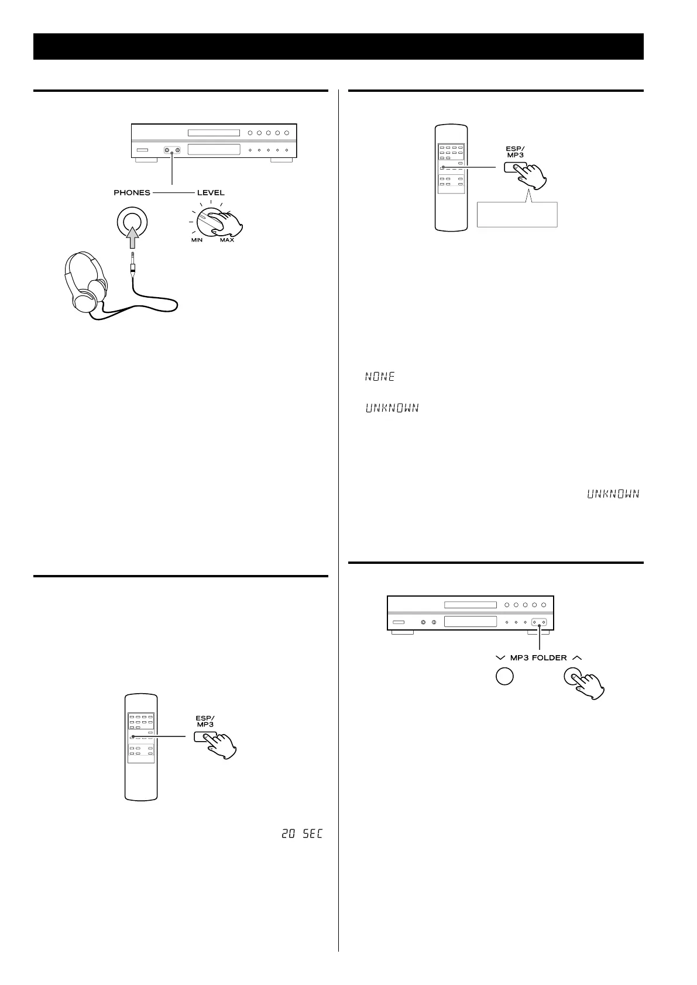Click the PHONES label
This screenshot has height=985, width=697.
(132, 192)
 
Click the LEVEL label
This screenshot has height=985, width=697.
(211, 192)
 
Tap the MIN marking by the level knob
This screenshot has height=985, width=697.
(196, 240)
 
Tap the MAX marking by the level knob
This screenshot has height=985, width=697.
(227, 240)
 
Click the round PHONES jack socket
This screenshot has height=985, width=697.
(132, 222)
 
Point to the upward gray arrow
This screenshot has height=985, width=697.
(132, 239)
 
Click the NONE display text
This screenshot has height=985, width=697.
(380, 377)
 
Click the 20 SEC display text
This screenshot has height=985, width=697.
(302, 834)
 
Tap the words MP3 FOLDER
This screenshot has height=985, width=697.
(538, 658)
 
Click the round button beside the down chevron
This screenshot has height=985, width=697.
(504, 676)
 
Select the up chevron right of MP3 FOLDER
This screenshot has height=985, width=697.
(577, 657)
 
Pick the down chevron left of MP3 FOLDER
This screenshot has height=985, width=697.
(500, 658)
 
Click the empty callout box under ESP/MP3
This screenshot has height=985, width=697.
(517, 215)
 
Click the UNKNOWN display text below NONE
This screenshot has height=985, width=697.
(392, 408)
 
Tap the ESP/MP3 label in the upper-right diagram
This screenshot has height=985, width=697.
(515, 152)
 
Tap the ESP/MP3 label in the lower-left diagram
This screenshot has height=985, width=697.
(205, 721)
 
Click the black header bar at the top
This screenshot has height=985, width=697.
(338, 46)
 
